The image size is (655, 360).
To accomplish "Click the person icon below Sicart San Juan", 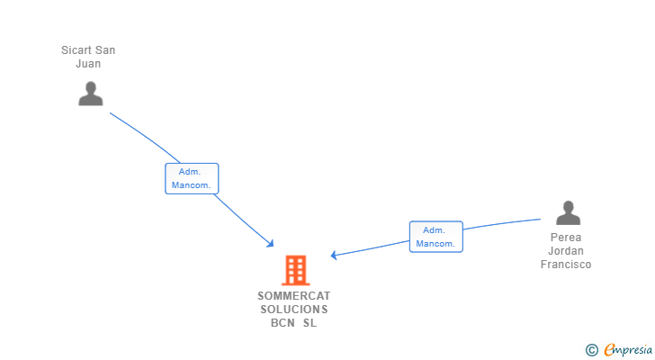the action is (x=90, y=94).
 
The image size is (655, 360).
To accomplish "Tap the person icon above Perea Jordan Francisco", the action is (x=568, y=212).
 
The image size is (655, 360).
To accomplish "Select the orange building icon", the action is (x=295, y=269).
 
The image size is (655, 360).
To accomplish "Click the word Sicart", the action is (x=77, y=50).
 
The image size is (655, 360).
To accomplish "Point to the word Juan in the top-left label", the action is (x=88, y=64).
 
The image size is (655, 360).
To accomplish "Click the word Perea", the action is (x=566, y=238).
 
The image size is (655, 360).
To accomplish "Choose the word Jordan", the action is (x=566, y=252).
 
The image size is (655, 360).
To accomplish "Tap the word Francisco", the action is (x=566, y=265).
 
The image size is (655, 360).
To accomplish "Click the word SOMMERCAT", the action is (x=294, y=295).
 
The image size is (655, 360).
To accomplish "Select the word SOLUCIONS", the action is (x=294, y=310).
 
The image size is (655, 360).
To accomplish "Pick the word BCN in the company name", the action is (x=283, y=324).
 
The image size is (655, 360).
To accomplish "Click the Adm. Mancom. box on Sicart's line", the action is (x=192, y=178).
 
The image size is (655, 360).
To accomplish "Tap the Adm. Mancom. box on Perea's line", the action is (x=435, y=237).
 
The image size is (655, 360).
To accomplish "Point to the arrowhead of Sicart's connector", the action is (x=270, y=244).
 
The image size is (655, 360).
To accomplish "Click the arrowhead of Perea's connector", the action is (x=334, y=256).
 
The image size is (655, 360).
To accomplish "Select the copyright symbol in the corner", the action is (x=592, y=350).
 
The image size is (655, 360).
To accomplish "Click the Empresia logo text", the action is (x=631, y=350).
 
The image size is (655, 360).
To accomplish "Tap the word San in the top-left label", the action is (x=106, y=50).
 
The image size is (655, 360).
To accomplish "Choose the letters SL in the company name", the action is (x=310, y=324).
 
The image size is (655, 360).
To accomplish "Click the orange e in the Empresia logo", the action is (x=609, y=350).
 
